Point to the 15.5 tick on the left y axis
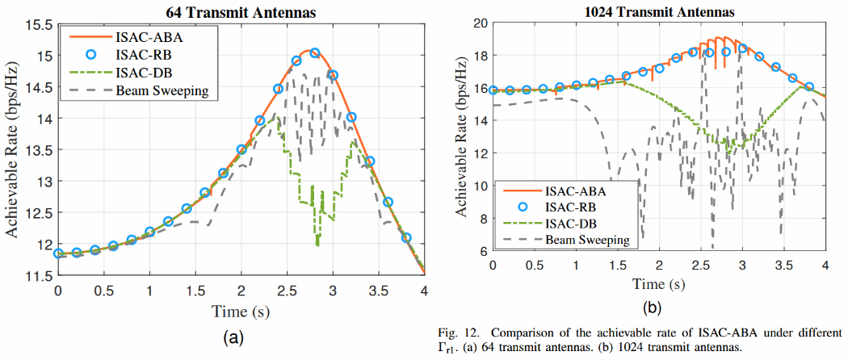click(x=38, y=24)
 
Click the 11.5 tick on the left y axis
click(x=38, y=276)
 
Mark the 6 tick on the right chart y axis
click(x=481, y=251)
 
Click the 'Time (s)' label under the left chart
click(x=241, y=311)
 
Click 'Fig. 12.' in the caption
click(x=458, y=333)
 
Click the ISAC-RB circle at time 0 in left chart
click(x=58, y=253)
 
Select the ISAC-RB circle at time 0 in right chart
click(x=493, y=90)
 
